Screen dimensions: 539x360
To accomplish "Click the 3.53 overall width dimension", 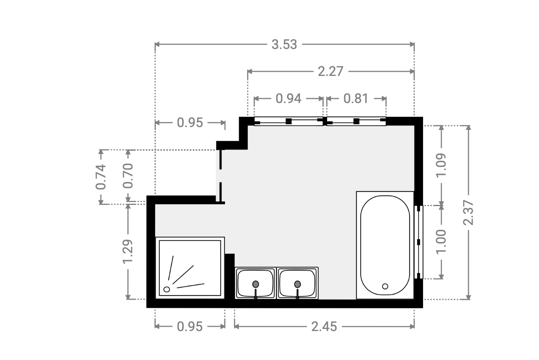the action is [x=284, y=44].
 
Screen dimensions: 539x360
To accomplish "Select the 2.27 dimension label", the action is [x=330, y=71].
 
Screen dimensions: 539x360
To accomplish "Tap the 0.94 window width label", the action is [x=288, y=99].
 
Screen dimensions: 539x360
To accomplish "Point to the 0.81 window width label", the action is [x=356, y=99].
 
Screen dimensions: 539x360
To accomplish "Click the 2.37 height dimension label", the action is [x=468, y=213].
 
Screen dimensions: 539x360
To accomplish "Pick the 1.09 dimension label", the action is [x=441, y=165].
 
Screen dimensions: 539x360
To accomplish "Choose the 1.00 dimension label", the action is [x=441, y=242].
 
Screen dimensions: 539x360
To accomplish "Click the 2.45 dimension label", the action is [x=324, y=327].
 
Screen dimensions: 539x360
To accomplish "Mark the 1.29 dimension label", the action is [x=128, y=251].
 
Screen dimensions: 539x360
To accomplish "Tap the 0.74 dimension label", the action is [x=101, y=177].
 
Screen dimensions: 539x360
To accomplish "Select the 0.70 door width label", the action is [x=128, y=176].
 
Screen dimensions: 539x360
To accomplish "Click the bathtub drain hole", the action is [x=385, y=286].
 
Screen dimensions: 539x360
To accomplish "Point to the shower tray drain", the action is [x=167, y=289].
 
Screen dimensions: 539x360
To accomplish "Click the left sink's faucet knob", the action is [x=256, y=284].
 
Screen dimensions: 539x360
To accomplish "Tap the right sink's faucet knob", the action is [x=297, y=284].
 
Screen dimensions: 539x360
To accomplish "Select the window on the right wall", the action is [x=419, y=242].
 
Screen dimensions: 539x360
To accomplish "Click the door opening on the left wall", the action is [x=220, y=176].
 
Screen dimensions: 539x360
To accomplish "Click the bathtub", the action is [x=385, y=245].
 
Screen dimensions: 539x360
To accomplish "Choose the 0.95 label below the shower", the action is [x=189, y=327].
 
